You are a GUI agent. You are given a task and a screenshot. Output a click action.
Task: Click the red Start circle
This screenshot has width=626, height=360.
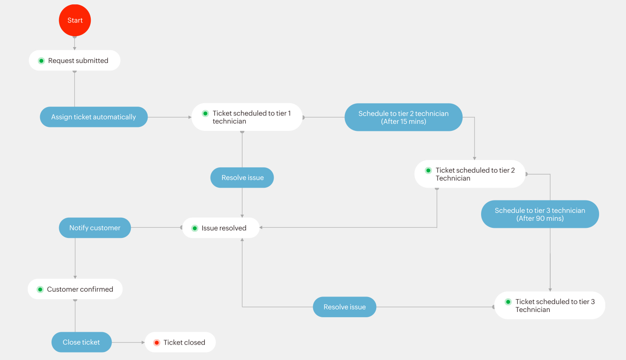click(75, 20)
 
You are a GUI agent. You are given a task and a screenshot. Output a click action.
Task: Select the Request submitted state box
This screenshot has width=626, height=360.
click(74, 60)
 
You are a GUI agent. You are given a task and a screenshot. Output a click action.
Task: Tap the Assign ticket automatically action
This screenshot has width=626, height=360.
click(94, 117)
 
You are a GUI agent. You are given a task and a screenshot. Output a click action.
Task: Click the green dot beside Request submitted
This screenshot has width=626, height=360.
click(41, 61)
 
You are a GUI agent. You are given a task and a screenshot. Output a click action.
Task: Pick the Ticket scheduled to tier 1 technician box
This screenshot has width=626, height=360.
click(247, 117)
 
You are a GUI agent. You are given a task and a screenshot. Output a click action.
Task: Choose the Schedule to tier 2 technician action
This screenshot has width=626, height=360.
click(404, 117)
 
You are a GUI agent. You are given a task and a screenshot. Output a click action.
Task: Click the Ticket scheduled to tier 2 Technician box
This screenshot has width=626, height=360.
click(470, 174)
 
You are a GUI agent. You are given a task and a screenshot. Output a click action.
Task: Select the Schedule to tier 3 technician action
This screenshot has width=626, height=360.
click(540, 214)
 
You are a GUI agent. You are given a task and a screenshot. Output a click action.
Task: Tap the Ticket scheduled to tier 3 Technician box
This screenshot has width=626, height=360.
click(550, 305)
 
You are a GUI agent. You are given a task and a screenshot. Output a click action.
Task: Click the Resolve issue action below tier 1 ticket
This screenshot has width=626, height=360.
click(242, 178)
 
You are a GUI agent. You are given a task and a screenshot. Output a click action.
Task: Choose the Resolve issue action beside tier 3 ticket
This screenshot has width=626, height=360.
click(344, 307)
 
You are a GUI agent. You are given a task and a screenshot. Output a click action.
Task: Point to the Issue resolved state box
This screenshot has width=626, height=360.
click(221, 228)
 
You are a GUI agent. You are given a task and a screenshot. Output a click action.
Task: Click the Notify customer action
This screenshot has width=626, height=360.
click(95, 228)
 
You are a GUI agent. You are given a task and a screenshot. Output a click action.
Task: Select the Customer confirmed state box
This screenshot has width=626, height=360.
click(75, 289)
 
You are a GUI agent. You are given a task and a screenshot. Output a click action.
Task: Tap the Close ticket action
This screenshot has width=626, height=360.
click(81, 342)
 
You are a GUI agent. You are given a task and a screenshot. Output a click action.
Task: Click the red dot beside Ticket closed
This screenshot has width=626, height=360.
click(157, 342)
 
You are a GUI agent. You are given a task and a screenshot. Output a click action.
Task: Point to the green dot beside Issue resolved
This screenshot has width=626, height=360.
click(195, 228)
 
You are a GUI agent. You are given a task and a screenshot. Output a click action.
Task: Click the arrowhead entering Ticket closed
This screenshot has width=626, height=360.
click(143, 342)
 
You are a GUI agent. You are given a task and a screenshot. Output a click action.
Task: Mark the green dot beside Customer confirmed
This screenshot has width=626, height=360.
click(40, 289)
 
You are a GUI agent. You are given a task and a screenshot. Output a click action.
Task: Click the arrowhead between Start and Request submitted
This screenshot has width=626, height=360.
click(74, 48)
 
